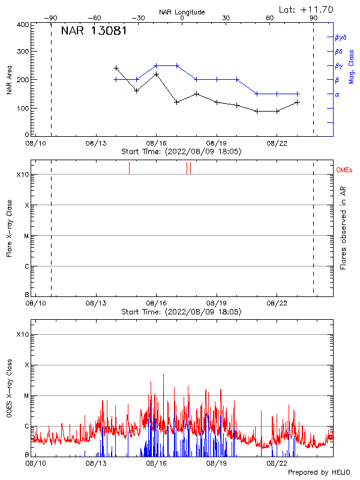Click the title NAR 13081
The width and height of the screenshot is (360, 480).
94,31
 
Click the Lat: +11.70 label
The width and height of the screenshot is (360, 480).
307,9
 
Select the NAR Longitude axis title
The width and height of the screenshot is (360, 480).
182,11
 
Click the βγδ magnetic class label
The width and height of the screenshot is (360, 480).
341,37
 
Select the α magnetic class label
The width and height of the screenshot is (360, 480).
337,94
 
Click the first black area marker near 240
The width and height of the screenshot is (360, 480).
116,68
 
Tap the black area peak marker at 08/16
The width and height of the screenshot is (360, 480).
157,74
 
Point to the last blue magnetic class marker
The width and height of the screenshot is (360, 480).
298,94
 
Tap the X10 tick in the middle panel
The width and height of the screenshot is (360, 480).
23,175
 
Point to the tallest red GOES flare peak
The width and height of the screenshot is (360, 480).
163,374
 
